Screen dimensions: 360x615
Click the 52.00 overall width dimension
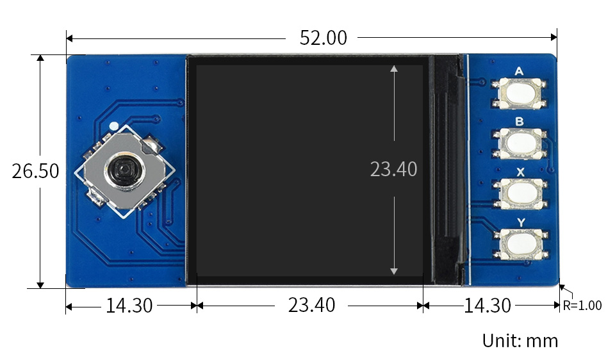click(323, 38)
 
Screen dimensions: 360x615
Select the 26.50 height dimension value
click(35, 172)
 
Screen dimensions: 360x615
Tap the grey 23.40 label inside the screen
click(393, 169)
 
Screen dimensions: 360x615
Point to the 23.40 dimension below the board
click(311, 306)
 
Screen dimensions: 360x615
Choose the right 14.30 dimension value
click(488, 306)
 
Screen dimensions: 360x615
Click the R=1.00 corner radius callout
click(582, 306)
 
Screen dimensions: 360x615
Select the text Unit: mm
click(520, 340)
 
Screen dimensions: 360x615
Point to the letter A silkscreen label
click(519, 71)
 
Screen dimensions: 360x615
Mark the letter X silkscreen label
click(520, 172)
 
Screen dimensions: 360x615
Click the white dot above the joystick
click(113, 126)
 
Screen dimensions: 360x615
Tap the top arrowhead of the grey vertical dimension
click(393, 68)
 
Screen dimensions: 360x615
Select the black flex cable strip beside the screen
click(447, 170)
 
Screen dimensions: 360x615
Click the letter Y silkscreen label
click(520, 222)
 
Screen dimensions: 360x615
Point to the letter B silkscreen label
click(519, 121)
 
